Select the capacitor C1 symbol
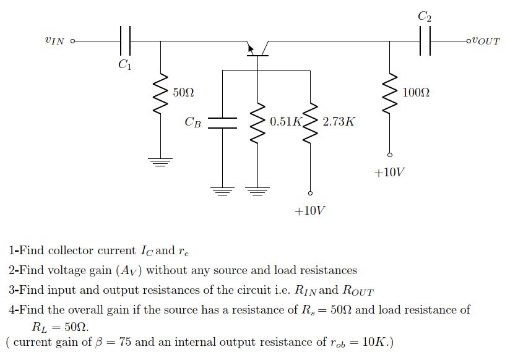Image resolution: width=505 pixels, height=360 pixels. click(125, 41)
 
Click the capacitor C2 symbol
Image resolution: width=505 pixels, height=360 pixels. click(425, 41)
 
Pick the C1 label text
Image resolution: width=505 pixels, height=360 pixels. click(125, 64)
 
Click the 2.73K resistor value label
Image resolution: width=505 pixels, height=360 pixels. click(339, 121)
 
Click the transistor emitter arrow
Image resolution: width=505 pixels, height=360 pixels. click(251, 48)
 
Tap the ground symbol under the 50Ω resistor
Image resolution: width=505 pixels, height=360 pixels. click(161, 163)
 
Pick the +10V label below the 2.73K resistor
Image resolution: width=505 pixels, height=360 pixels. click(309, 211)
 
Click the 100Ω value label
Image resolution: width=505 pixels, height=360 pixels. click(415, 93)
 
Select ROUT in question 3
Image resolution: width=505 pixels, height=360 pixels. click(358, 290)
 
